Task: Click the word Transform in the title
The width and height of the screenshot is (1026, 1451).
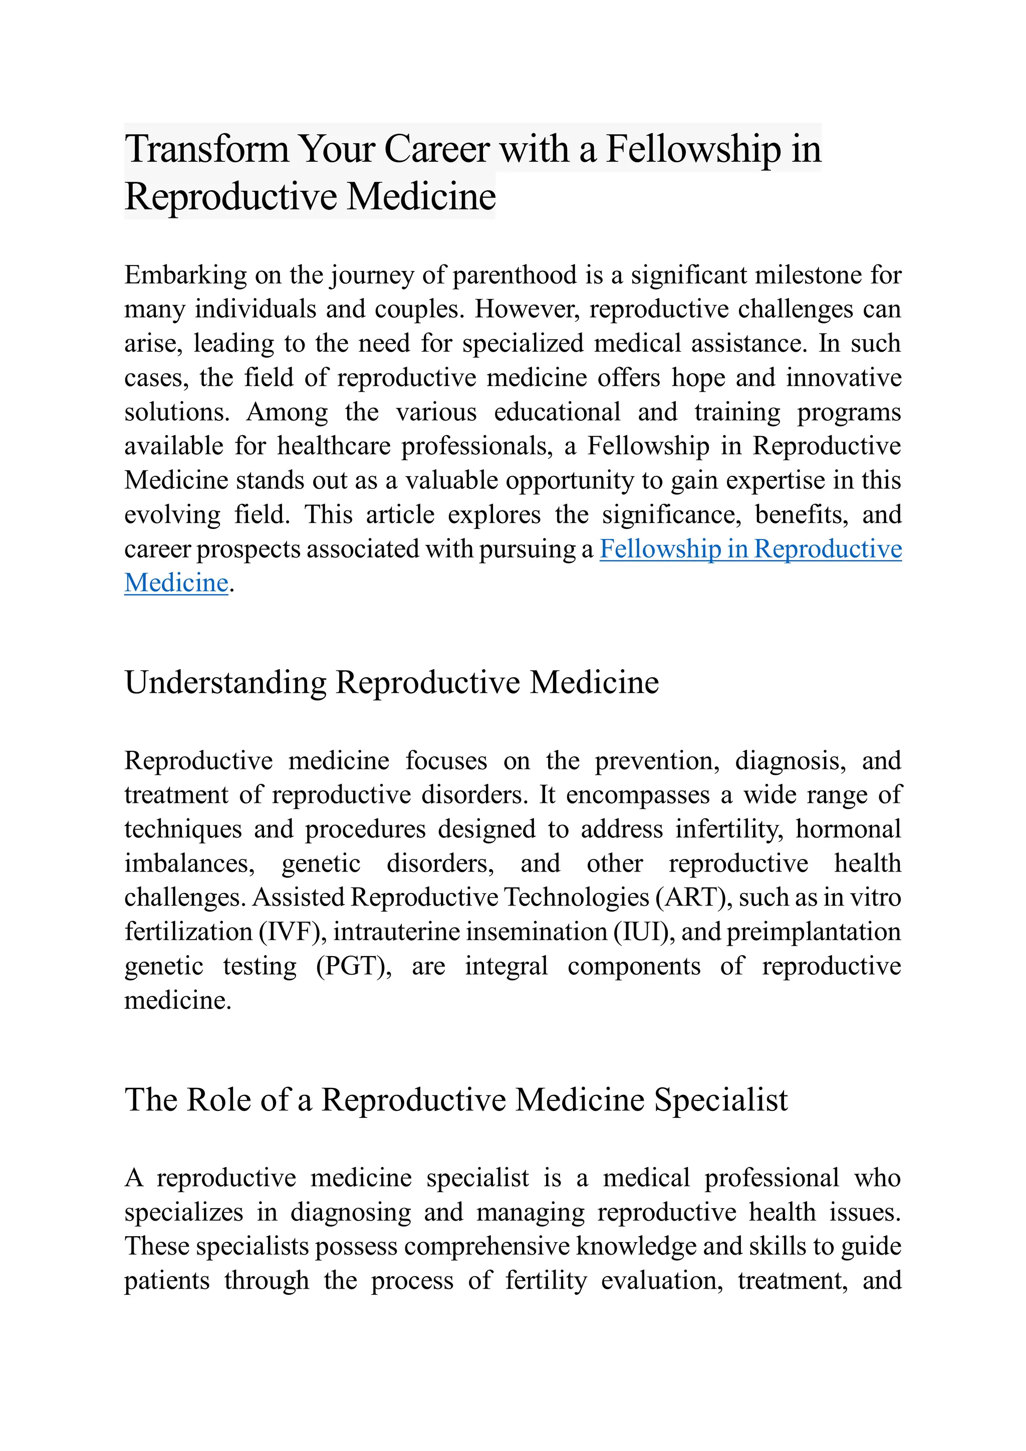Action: point(205,149)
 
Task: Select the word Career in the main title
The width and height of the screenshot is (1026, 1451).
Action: point(436,149)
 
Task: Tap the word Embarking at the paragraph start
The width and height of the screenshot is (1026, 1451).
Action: point(185,275)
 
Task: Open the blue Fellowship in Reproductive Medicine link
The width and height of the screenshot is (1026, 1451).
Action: point(750,549)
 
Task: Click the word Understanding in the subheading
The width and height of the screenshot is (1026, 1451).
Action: point(225,683)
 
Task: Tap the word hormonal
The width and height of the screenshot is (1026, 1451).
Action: point(848,829)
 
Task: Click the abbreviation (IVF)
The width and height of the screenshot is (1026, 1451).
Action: point(292,932)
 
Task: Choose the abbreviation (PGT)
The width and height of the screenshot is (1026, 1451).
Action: point(353,966)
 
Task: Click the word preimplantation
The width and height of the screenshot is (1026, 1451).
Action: point(814,932)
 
